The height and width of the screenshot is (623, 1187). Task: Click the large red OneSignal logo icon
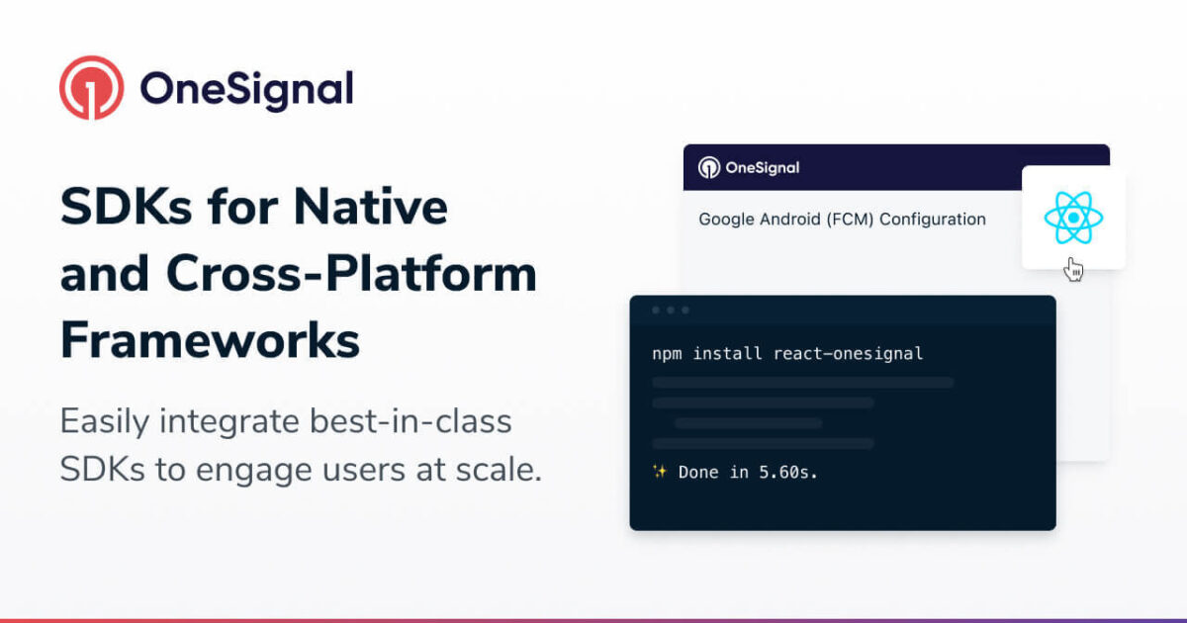92,88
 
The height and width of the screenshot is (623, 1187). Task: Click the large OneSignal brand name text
246,89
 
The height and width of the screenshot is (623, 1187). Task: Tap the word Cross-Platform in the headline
351,274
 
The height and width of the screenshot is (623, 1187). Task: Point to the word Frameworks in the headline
210,340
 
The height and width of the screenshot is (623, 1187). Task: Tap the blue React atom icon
1073,218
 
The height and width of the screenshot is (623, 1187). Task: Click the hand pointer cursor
1073,268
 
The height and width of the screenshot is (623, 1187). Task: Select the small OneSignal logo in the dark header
709,167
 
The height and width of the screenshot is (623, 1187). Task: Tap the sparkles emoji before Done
660,472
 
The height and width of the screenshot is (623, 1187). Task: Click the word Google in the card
727,220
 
